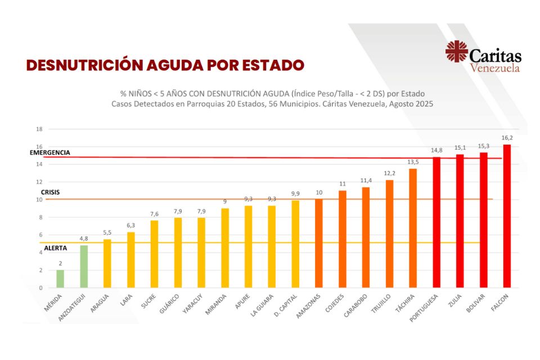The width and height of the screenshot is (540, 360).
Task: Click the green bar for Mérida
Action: point(60,279)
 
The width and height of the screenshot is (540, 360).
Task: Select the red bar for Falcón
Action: point(507,216)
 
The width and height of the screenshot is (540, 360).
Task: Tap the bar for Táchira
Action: point(413,228)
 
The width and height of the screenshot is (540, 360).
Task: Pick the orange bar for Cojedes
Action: point(342,239)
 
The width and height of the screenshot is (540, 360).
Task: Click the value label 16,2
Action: point(507,138)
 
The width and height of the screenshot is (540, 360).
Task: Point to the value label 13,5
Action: point(413,162)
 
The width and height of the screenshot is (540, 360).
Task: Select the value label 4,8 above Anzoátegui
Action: point(83,238)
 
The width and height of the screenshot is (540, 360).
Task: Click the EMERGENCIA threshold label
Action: point(50,152)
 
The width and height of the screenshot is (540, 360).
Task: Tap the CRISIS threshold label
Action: point(51,192)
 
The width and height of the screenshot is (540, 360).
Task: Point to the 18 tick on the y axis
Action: point(39,129)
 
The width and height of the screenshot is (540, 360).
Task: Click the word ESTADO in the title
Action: point(272,65)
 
